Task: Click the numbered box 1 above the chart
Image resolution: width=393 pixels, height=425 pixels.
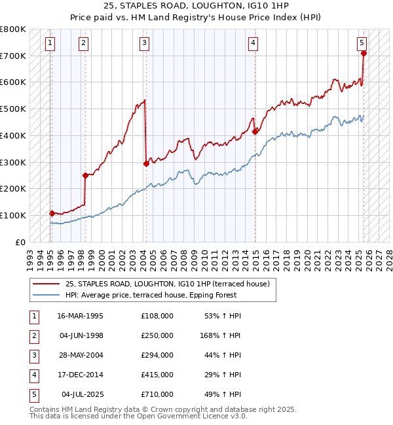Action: click(50, 44)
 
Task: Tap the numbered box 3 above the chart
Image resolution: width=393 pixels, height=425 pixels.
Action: click(144, 44)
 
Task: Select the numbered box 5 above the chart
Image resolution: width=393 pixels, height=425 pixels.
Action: click(362, 44)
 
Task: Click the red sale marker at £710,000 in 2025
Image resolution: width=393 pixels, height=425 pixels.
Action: click(364, 54)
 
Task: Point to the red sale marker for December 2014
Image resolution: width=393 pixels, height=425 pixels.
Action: click(255, 131)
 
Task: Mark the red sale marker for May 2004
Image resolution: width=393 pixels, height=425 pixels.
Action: click(146, 164)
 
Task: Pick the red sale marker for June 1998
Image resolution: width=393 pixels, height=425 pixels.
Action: click(85, 175)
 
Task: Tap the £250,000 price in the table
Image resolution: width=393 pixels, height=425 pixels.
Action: click(157, 335)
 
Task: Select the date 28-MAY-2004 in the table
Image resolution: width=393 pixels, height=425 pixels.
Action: click(81, 355)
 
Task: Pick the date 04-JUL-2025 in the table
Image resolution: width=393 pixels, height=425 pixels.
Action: click(83, 394)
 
